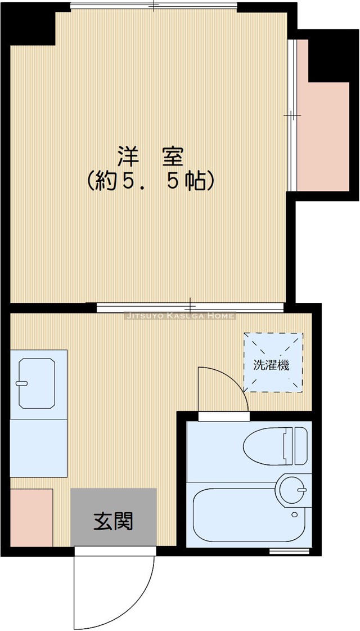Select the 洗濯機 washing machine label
(x=271, y=365)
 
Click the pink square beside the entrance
(x=31, y=517)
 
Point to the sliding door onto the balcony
(x=291, y=115)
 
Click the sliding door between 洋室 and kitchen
(x=190, y=307)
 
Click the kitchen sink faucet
(x=22, y=383)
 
